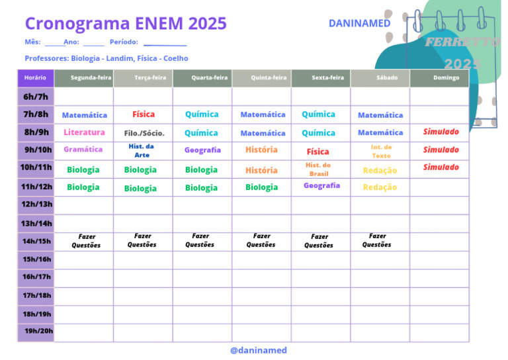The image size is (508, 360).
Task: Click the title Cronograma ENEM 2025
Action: [x=126, y=24]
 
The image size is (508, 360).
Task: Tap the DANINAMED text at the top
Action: [x=359, y=23]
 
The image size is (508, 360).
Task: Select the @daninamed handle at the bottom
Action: [x=259, y=350]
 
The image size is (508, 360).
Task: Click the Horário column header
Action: [x=35, y=78]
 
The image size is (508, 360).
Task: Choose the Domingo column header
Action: [x=446, y=78]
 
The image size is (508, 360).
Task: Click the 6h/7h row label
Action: [x=36, y=97]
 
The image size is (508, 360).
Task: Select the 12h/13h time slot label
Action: [x=37, y=204]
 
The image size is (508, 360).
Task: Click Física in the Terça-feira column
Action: [x=144, y=114]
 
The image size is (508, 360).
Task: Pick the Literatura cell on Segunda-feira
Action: [x=84, y=132]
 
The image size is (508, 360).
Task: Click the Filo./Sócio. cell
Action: [x=144, y=133]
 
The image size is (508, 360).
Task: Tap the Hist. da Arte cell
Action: [x=142, y=150]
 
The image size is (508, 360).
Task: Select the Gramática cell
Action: [x=83, y=150]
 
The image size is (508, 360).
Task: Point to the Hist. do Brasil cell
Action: [x=318, y=169]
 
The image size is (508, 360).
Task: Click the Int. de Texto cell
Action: [x=381, y=151]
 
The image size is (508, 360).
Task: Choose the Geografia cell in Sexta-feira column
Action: [x=321, y=186]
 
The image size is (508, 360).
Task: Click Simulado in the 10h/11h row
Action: [x=441, y=167]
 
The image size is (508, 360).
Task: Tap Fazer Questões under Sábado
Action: [x=377, y=240]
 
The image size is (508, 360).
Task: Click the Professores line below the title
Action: [x=106, y=58]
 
